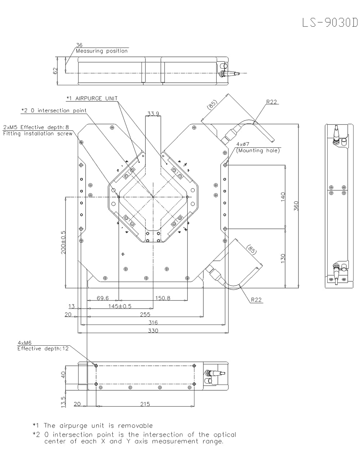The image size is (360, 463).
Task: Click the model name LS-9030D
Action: [330, 23]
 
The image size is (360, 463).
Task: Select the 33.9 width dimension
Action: [153, 114]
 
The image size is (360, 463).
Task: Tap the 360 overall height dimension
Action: [296, 206]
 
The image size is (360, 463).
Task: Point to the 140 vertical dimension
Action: [283, 196]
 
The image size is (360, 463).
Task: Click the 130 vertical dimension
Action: [283, 258]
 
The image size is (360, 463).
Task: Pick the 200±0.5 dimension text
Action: [63, 242]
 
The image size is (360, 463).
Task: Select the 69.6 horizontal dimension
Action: [103, 298]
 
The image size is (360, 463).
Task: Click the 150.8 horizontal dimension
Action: [163, 298]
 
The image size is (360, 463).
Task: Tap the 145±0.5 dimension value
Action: [120, 306]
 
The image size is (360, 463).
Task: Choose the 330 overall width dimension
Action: [153, 331]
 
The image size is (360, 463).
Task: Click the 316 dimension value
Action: [153, 323]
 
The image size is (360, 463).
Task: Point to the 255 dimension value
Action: [145, 314]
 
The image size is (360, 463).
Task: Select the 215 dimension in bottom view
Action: [145, 404]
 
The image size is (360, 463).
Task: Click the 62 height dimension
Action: [55, 71]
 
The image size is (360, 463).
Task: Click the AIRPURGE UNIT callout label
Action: [96, 98]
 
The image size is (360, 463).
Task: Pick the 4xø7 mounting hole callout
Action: [243, 144]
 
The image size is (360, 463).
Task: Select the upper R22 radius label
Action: [271, 102]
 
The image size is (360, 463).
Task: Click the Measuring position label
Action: [102, 51]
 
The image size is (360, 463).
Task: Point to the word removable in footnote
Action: [135, 426]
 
